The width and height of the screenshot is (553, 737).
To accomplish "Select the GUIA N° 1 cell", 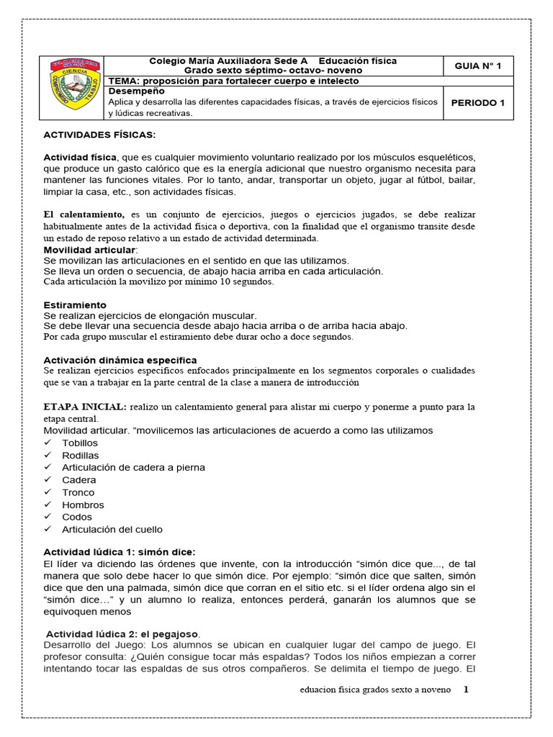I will click(477, 66).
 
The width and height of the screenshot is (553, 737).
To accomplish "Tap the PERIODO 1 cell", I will click(477, 103).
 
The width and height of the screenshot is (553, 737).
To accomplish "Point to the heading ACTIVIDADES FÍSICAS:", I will click(99, 135).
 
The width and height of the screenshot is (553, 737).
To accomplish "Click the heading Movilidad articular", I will click(89, 249).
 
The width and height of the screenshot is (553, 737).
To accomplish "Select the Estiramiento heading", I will click(75, 305).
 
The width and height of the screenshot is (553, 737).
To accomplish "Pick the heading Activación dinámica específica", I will click(120, 360).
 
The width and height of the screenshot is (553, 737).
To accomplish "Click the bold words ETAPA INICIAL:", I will click(86, 407).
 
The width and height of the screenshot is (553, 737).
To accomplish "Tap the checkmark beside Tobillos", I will click(48, 443).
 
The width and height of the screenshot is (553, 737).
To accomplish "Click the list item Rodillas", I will click(81, 456).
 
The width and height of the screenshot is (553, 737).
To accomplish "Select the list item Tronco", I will click(78, 492).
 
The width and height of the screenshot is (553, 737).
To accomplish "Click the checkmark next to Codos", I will click(48, 517).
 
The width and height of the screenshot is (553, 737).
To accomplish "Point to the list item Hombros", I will click(83, 505).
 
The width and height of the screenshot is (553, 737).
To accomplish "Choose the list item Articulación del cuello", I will click(112, 529).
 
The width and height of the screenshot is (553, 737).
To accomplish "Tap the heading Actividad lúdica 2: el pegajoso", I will click(122, 633).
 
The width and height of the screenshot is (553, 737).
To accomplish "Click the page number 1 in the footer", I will click(466, 689).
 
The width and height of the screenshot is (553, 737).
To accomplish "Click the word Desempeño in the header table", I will click(136, 91).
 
